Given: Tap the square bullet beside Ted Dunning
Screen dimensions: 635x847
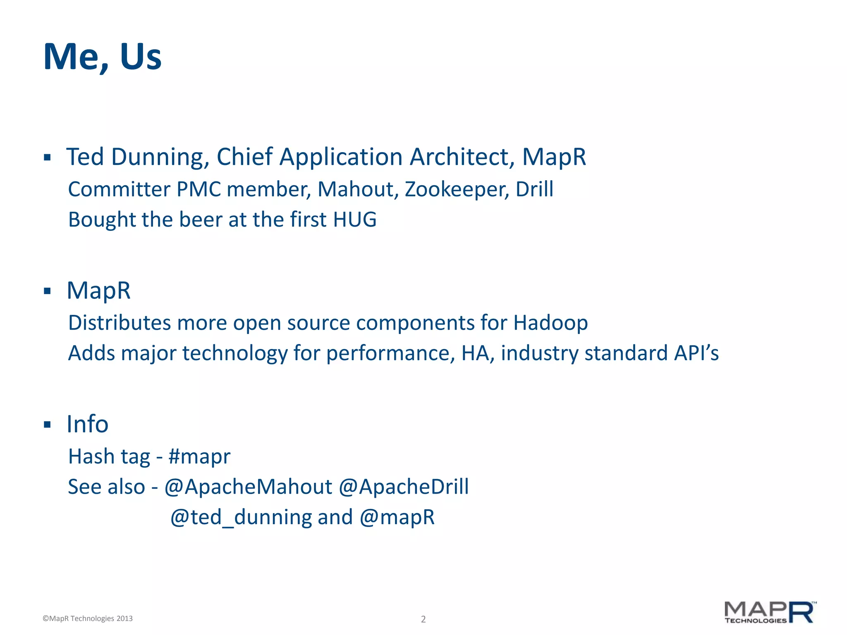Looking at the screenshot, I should click(47, 158).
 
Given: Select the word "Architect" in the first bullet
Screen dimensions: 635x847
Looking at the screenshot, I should click(462, 157).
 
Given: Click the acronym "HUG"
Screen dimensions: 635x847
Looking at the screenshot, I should click(354, 220).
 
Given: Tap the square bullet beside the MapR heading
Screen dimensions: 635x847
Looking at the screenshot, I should click(47, 291).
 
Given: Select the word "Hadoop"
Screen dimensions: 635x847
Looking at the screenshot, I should click(550, 323).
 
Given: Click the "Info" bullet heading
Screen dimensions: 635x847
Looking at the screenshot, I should click(88, 424).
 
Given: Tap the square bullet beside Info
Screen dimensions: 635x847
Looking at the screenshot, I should click(47, 425).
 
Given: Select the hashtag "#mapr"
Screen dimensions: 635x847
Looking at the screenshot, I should click(199, 457).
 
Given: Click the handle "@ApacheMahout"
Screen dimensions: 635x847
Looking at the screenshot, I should click(248, 487).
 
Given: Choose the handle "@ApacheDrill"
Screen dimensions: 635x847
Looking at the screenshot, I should click(404, 487).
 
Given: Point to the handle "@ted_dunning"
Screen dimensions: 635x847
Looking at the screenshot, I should click(241, 517).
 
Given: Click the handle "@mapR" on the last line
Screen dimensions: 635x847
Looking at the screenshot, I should click(397, 517).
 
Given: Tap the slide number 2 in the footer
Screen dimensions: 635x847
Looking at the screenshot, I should click(423, 619).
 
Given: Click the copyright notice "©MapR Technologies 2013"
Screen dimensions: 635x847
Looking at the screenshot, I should click(88, 618).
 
